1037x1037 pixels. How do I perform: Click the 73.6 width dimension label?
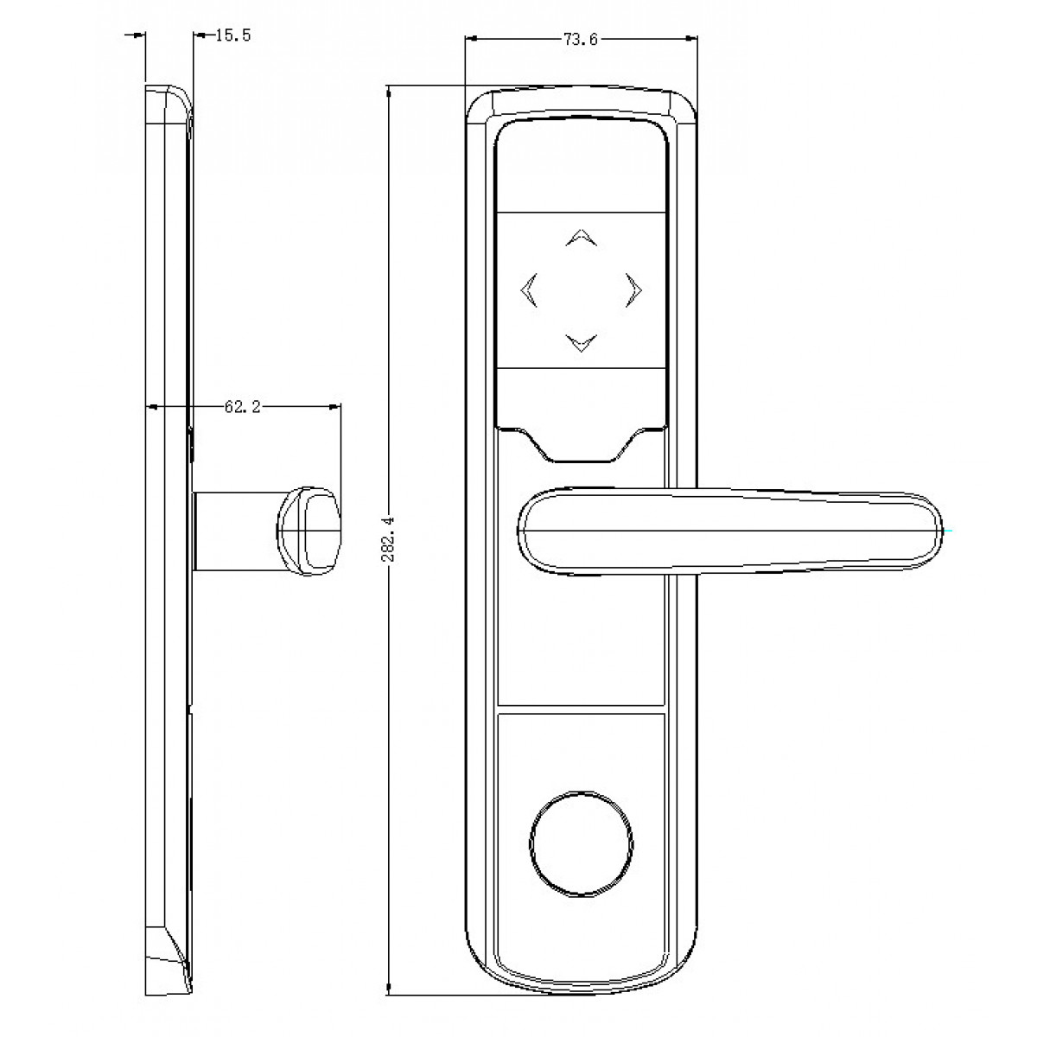point(580,39)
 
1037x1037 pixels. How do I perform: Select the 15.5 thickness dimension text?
point(233,35)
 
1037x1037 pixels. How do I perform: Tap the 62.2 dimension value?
point(242,407)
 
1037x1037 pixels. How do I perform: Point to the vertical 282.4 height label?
point(388,538)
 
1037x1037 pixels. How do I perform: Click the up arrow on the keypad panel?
point(582,238)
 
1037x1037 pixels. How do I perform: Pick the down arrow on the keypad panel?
point(582,343)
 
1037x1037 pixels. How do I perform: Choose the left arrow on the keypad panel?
point(529,290)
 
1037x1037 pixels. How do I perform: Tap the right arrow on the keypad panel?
point(633,290)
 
